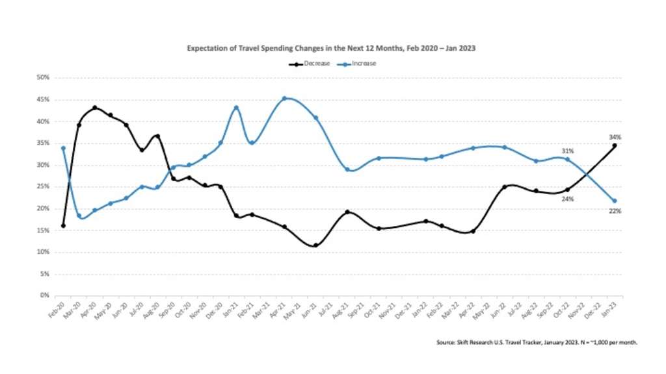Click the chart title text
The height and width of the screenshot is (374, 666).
click(x=332, y=48)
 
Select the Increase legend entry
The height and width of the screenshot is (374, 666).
click(x=360, y=64)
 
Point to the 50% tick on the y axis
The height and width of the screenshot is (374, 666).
click(x=43, y=78)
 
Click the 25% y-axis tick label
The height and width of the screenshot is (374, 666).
click(x=43, y=187)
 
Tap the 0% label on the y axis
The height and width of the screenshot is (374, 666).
click(x=45, y=295)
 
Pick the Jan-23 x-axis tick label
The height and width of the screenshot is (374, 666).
click(x=611, y=308)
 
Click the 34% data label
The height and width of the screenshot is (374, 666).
click(x=615, y=137)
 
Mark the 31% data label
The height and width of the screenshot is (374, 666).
click(x=567, y=151)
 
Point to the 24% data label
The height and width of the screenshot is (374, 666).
click(x=567, y=199)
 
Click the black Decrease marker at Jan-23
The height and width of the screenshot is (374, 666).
click(x=615, y=146)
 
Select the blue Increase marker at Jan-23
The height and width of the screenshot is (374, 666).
click(x=615, y=201)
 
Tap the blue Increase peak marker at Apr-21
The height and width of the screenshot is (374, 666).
click(x=285, y=99)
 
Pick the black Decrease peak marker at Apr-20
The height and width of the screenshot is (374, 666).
click(x=95, y=108)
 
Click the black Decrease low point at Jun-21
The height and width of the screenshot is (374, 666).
click(x=315, y=245)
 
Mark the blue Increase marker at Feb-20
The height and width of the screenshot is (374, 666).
click(x=63, y=148)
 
